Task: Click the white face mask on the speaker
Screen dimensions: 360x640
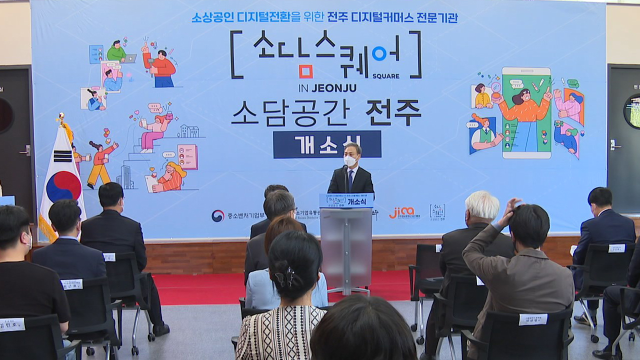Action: pyautogui.click(x=350, y=161)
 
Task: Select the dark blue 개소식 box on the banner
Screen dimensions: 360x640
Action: pyautogui.click(x=327, y=144)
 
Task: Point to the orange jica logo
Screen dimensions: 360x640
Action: pyautogui.click(x=402, y=212)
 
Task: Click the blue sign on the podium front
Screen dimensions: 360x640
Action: pyautogui.click(x=346, y=200)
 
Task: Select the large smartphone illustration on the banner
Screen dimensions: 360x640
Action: pyautogui.click(x=526, y=113)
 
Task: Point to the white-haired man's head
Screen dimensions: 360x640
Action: pyautogui.click(x=482, y=205)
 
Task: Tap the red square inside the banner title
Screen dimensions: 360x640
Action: pyautogui.click(x=306, y=71)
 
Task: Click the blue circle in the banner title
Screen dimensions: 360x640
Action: pyautogui.click(x=378, y=53)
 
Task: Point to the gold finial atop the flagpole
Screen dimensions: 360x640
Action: pyautogui.click(x=61, y=118)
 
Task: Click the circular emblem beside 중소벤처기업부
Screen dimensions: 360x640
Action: pyautogui.click(x=218, y=215)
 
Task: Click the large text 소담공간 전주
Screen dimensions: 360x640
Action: pyautogui.click(x=326, y=113)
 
